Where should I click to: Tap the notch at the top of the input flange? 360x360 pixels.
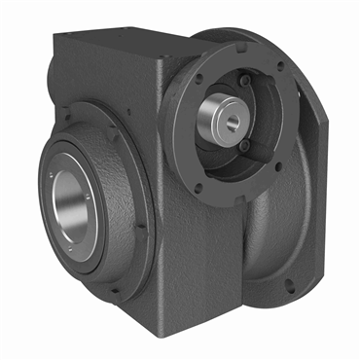click(234, 43)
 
